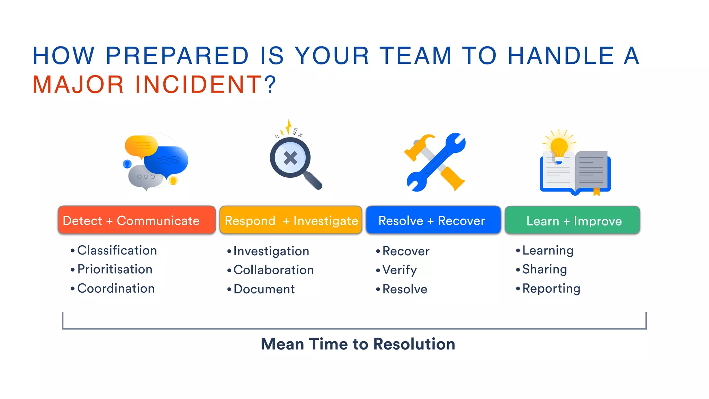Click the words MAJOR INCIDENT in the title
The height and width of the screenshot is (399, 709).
point(147,85)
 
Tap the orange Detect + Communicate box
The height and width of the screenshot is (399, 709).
point(137,220)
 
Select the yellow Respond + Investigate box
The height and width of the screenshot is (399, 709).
point(291,220)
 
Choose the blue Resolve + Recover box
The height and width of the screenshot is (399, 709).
point(433,220)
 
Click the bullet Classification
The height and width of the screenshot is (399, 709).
point(117,250)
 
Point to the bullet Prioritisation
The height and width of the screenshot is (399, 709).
point(115,269)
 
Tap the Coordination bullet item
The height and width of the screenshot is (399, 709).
point(116,289)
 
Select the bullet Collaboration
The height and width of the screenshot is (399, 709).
point(273,270)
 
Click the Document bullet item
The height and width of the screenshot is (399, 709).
point(264,289)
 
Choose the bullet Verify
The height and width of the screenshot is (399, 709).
point(400,270)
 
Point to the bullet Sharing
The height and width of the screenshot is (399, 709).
point(544,269)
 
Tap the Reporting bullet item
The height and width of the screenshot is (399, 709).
point(551,289)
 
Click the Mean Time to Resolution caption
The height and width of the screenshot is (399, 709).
point(358,344)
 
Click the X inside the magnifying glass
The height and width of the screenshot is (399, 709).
point(290,158)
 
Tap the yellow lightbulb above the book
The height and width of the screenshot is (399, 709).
point(559,147)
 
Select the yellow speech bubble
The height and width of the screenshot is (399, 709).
point(141,145)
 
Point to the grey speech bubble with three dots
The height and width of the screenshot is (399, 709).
point(145,177)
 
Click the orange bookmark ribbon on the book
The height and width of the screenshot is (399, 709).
point(596,192)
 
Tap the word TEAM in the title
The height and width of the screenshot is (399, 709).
point(415,56)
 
